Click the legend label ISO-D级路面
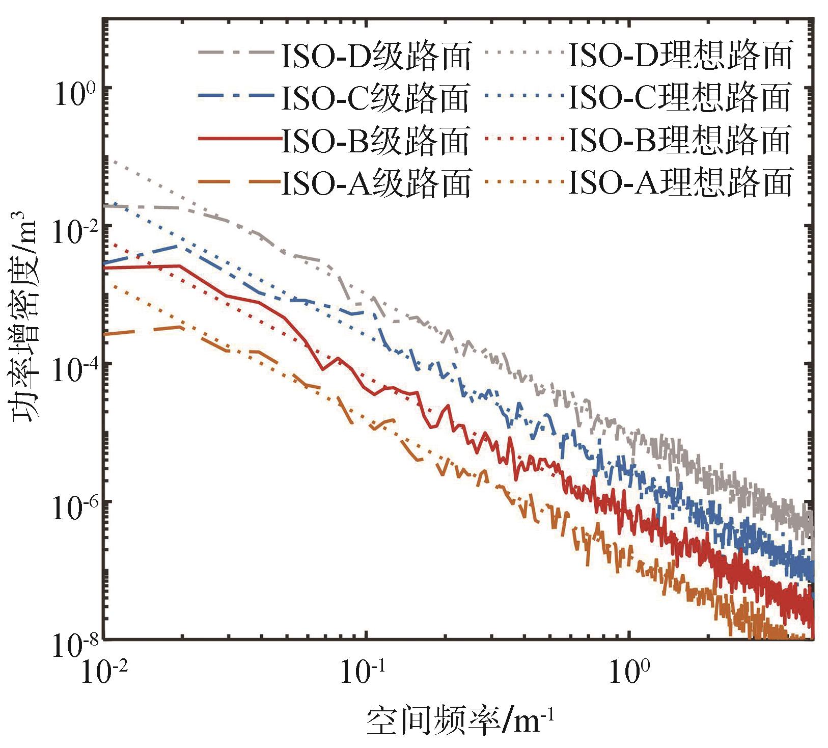pos(376,55)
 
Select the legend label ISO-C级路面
pos(375,97)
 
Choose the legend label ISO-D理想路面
pos(680,55)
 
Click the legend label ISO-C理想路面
pos(679,97)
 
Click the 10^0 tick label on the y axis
pos(73,93)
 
